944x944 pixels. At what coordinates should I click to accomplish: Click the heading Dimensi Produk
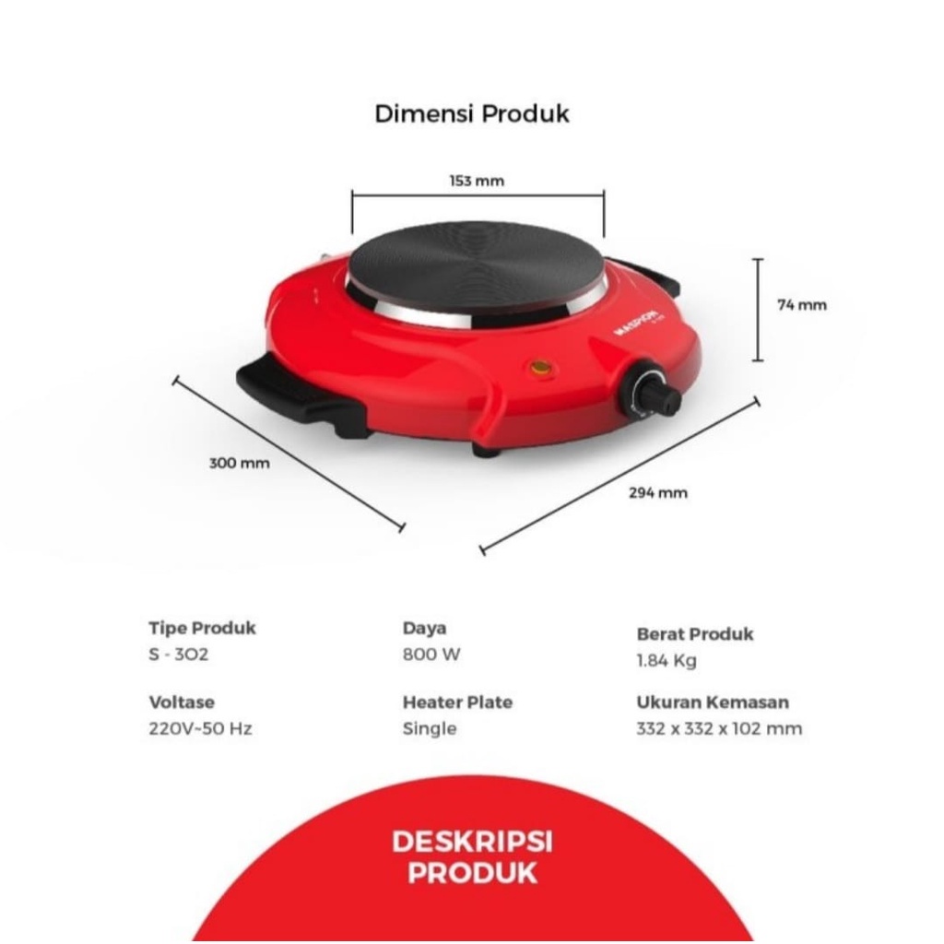tap(471, 113)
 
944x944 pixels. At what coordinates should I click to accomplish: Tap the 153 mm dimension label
tap(477, 181)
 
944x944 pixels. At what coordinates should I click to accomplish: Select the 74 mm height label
tap(802, 305)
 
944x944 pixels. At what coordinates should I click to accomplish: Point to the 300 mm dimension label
tap(240, 463)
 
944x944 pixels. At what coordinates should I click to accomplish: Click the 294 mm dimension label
tap(658, 492)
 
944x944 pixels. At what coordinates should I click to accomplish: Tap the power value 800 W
tap(431, 655)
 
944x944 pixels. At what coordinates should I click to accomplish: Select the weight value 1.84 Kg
tap(667, 660)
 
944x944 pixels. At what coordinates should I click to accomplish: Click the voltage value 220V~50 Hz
tap(200, 728)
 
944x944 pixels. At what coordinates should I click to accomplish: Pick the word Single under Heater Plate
tap(430, 728)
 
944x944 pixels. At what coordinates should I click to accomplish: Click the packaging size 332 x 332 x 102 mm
tap(719, 728)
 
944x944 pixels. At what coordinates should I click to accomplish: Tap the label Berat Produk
tap(694, 633)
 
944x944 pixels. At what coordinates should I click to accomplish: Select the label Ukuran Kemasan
tap(713, 702)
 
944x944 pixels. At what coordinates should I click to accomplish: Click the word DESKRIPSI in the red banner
tap(472, 842)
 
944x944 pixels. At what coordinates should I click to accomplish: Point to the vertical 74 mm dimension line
tap(758, 310)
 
